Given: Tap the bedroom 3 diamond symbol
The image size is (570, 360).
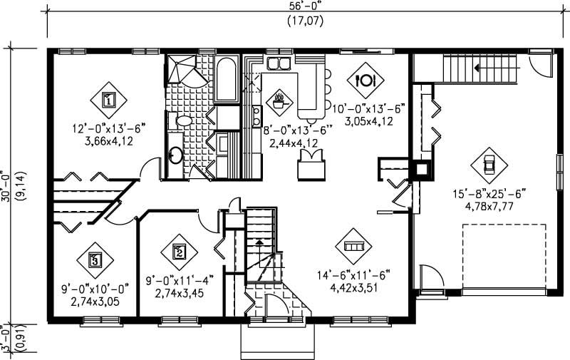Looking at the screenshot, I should pos(95,259).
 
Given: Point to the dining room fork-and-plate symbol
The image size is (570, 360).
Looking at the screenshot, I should pos(368,79).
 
